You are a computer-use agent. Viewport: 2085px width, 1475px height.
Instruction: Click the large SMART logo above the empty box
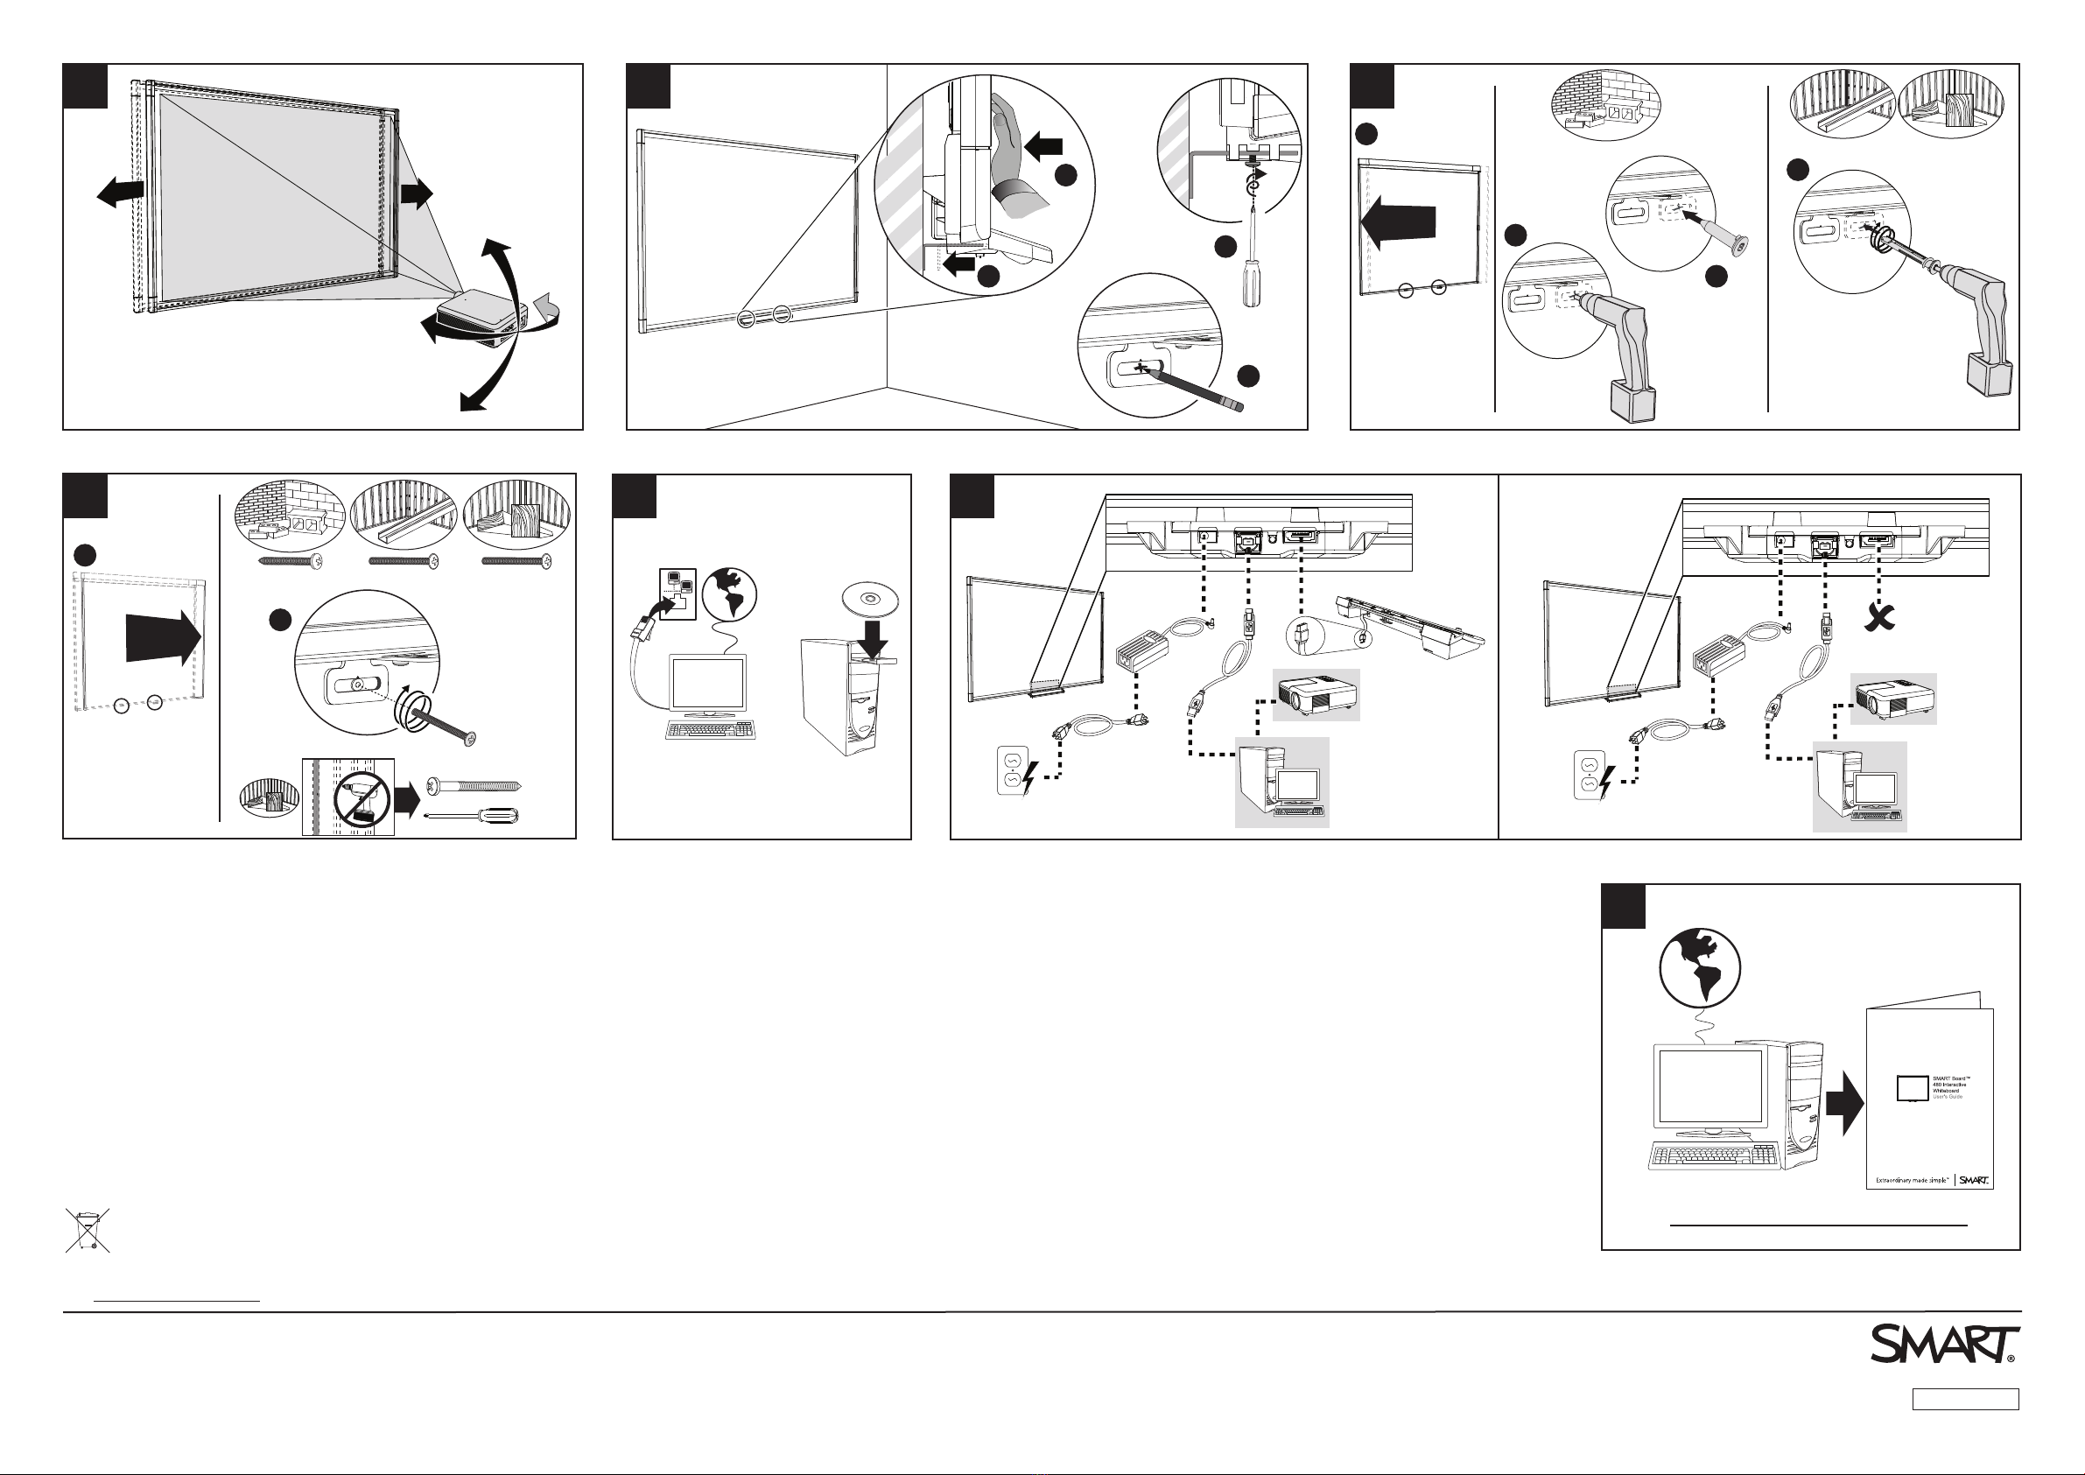click(x=1942, y=1345)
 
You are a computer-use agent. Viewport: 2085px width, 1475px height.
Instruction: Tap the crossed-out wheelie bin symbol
click(x=88, y=1230)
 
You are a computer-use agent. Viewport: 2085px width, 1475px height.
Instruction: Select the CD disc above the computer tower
click(x=870, y=599)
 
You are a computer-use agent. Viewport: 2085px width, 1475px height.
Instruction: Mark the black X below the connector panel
click(x=1881, y=619)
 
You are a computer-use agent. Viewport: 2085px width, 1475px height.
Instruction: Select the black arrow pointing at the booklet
click(x=1843, y=1102)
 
